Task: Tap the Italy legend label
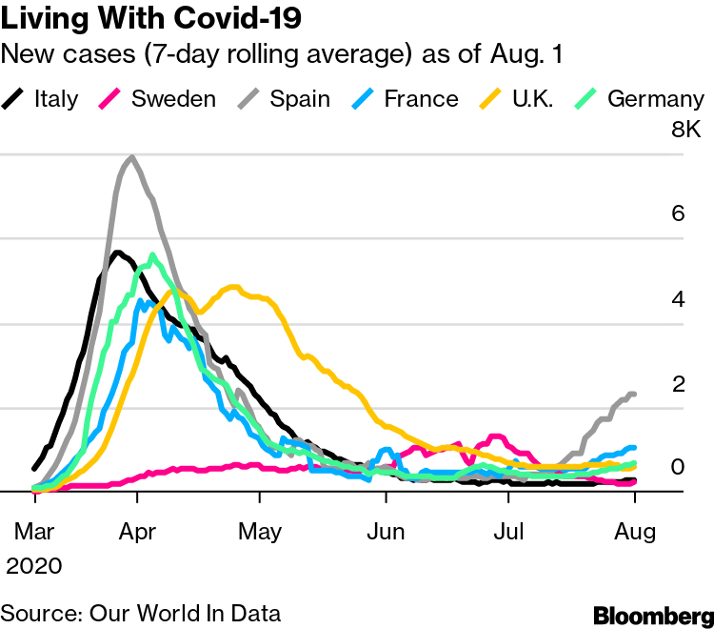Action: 56,98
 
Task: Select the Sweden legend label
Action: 174,98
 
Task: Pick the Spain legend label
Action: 299,98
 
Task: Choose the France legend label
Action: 421,98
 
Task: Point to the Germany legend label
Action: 656,98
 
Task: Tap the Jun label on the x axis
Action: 386,531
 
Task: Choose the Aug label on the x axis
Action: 634,531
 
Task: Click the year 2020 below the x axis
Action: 34,566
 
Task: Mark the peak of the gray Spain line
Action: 131,157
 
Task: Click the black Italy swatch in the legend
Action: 14,98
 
